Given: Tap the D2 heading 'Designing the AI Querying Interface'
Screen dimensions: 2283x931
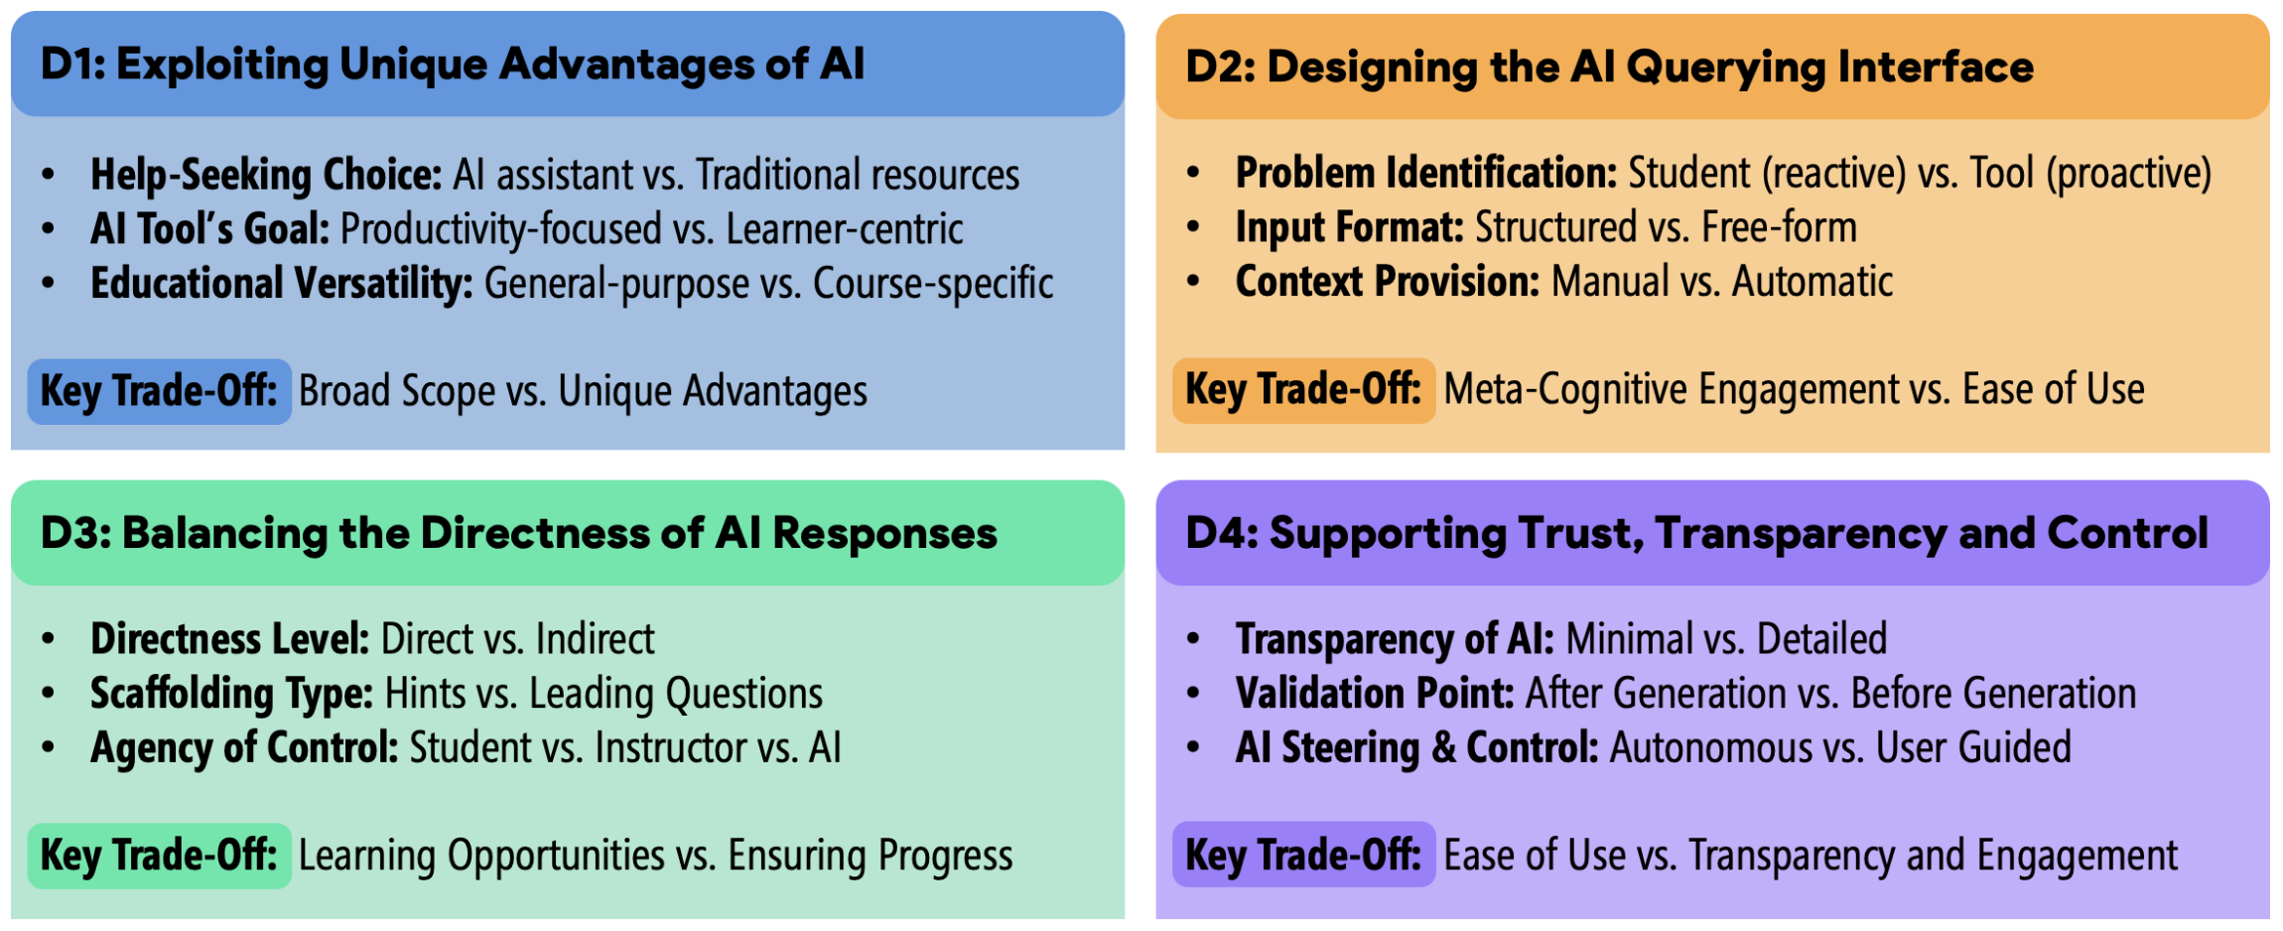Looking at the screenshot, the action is pyautogui.click(x=1651, y=67).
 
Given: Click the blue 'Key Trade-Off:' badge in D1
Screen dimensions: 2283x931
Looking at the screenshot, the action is pyautogui.click(x=159, y=391).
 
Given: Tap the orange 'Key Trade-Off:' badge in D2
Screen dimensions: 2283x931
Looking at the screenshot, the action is pyautogui.click(x=1303, y=390).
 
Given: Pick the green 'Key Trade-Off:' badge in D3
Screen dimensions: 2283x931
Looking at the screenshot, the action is pyautogui.click(x=159, y=856).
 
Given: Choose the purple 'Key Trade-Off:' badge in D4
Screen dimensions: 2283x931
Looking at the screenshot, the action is pyautogui.click(x=1303, y=855).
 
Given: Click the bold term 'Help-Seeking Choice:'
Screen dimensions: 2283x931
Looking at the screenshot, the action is pyautogui.click(x=266, y=176).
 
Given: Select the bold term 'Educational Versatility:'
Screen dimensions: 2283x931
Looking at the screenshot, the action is pyautogui.click(x=282, y=284).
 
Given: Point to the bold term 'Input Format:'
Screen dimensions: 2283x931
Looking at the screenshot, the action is pyautogui.click(x=1349, y=228).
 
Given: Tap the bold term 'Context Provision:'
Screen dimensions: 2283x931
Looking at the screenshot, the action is pyautogui.click(x=1388, y=282).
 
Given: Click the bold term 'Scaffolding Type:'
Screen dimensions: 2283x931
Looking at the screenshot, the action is pyautogui.click(x=231, y=695).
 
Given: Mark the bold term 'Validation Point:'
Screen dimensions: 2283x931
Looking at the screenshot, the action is pyautogui.click(x=1375, y=694).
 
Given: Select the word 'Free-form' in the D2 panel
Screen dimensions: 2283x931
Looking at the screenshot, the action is pyautogui.click(x=1779, y=227).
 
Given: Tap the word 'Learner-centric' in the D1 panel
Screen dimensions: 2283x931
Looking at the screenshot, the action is pyautogui.click(x=845, y=229).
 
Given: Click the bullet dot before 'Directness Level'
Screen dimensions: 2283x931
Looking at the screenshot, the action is pyautogui.click(x=49, y=639).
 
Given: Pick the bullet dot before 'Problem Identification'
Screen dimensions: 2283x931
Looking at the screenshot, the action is pyautogui.click(x=1193, y=174).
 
